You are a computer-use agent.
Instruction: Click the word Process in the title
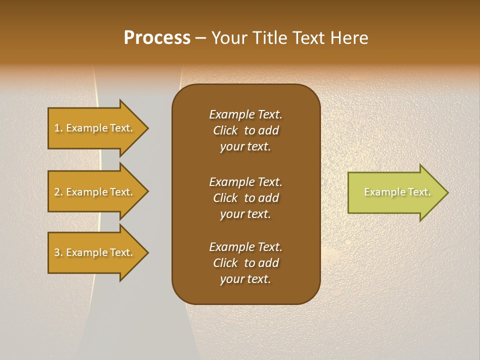click(157, 38)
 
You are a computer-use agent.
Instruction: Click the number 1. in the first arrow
click(58, 128)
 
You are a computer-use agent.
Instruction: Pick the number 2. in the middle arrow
click(58, 192)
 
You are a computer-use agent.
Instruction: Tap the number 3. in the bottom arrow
click(58, 252)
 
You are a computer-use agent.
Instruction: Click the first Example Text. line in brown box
click(245, 114)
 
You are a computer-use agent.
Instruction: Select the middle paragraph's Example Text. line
click(245, 182)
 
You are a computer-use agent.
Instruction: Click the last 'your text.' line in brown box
click(245, 279)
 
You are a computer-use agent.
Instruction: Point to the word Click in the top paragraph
click(225, 131)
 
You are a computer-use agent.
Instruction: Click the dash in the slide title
click(200, 38)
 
